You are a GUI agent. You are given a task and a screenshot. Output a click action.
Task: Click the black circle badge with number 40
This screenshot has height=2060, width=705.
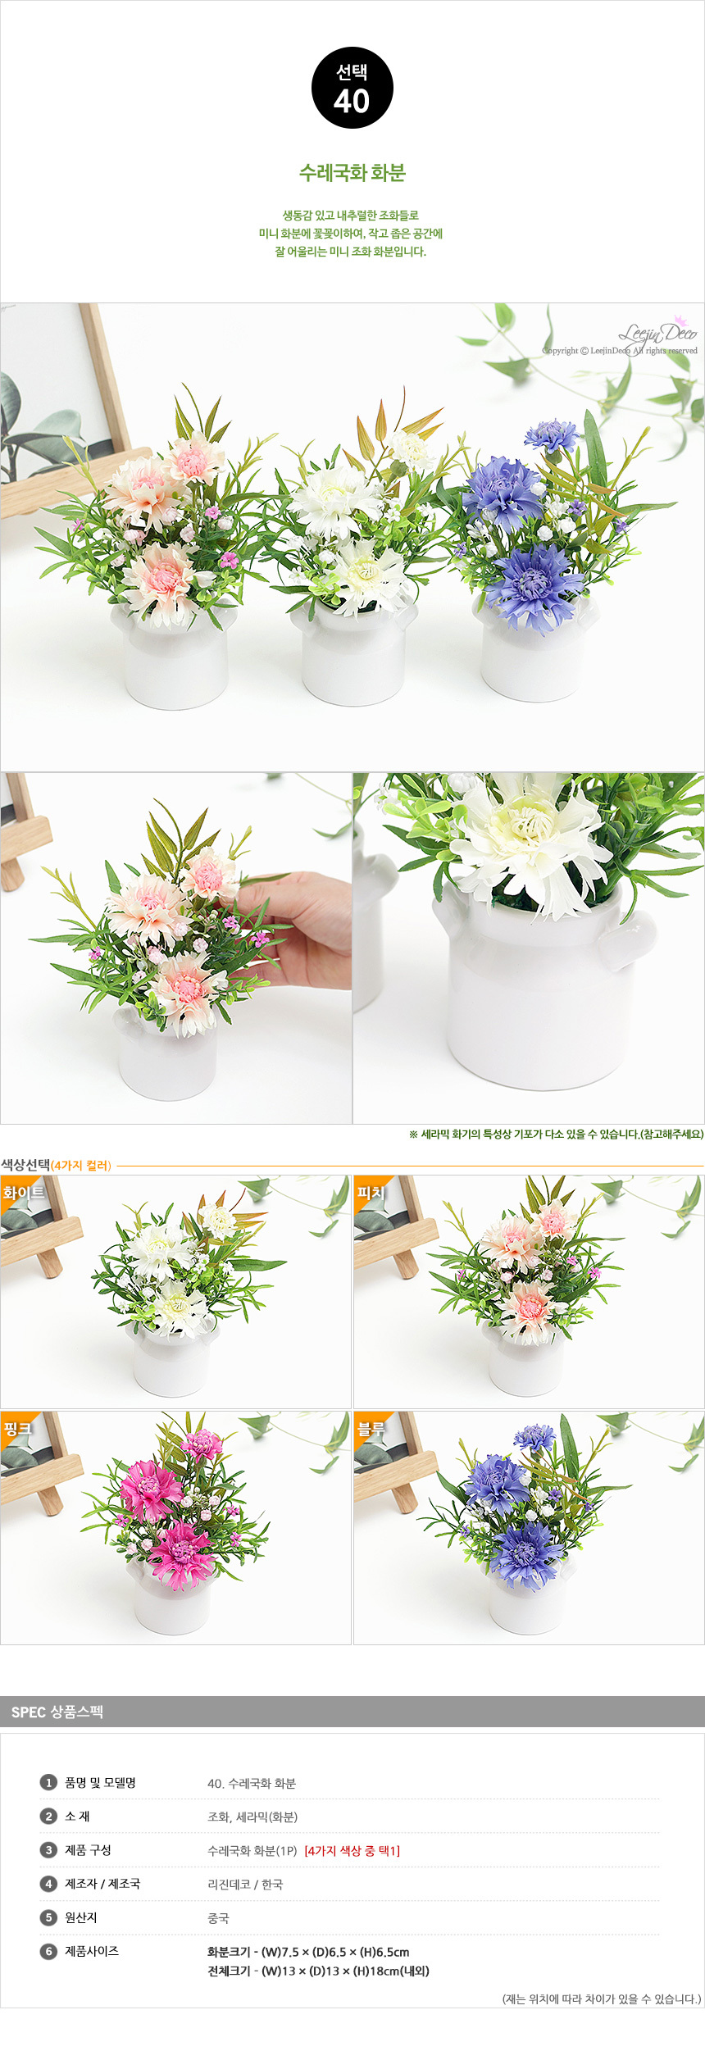click(352, 88)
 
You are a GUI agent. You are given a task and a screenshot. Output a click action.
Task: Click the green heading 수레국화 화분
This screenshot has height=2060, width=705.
click(352, 173)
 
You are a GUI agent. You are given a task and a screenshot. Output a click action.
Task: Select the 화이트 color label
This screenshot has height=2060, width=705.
click(23, 1193)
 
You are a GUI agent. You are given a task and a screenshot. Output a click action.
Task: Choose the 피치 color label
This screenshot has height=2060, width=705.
click(371, 1193)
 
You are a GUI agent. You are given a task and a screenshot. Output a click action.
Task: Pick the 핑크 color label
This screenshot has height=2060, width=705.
click(17, 1429)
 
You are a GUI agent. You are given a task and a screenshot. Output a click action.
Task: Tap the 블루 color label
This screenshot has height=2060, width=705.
click(371, 1429)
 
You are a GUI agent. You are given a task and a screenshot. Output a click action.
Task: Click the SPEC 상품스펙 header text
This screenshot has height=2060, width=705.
click(57, 1712)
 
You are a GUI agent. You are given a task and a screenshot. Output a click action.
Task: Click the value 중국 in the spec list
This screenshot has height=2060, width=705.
click(218, 1918)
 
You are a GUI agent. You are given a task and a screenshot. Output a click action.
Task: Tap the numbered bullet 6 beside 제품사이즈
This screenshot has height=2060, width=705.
click(48, 1951)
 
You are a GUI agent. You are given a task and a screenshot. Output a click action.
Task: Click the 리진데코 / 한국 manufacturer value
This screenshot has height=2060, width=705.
click(245, 1884)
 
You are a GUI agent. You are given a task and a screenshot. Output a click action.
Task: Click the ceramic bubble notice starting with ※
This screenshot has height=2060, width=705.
click(556, 1134)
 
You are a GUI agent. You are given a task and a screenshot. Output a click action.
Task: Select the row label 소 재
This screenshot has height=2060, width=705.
click(77, 1816)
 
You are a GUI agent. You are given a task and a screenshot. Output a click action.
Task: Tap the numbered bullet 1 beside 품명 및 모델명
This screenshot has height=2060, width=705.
click(48, 1782)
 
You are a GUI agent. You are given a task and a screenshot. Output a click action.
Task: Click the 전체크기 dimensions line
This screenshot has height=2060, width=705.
click(318, 1971)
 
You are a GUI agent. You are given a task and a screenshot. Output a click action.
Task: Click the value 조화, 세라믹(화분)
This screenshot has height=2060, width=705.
click(252, 1817)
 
